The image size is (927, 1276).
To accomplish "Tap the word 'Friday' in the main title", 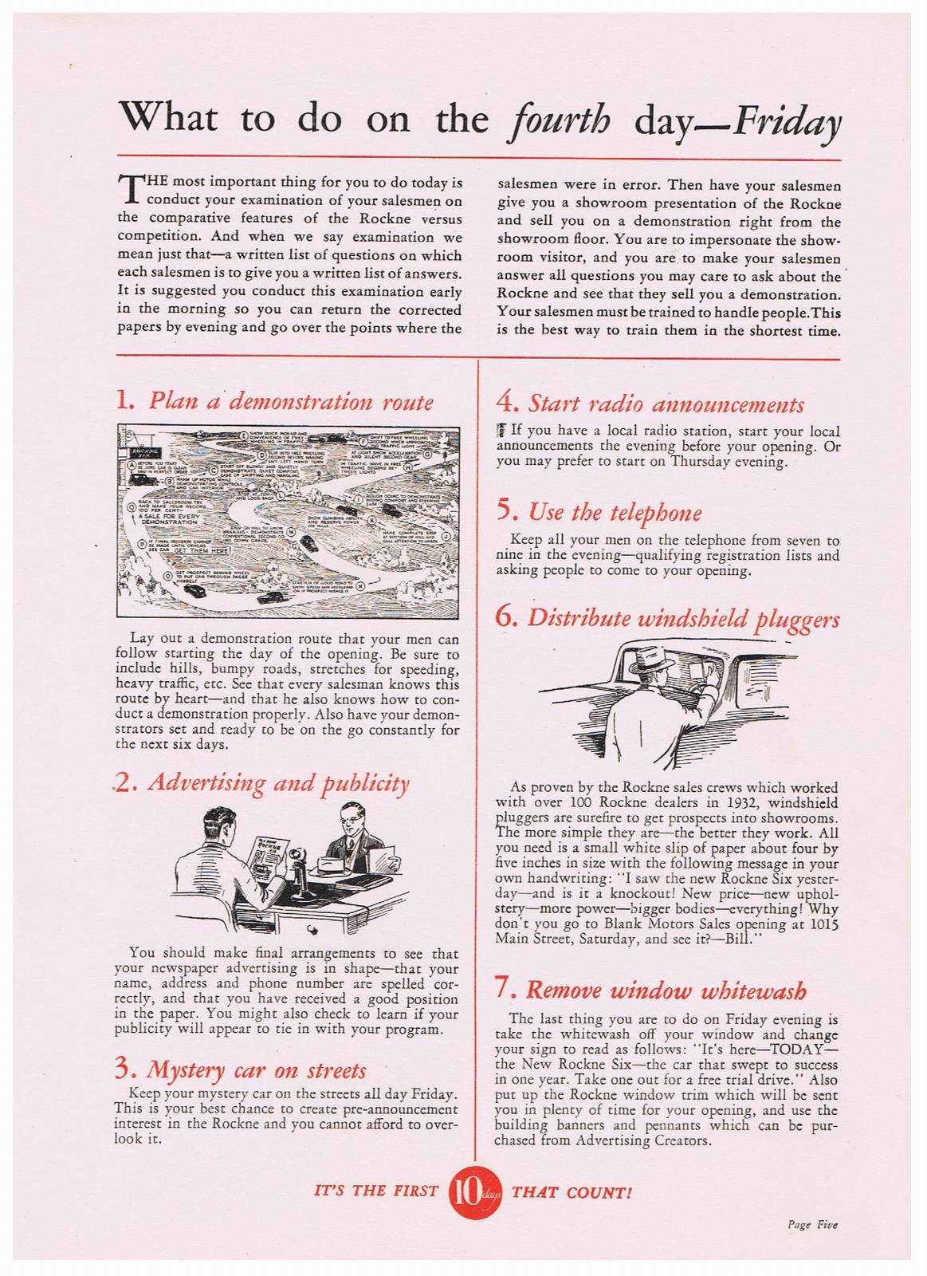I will [x=788, y=121].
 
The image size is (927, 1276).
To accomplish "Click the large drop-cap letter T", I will [x=129, y=188].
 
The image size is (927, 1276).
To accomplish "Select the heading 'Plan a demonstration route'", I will [x=290, y=400].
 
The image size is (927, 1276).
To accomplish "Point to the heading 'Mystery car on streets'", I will [x=256, y=1070].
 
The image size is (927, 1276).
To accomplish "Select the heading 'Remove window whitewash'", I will [x=666, y=990].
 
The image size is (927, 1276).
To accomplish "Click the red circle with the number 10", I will [x=474, y=1192].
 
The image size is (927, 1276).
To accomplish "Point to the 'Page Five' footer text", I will [x=811, y=1225].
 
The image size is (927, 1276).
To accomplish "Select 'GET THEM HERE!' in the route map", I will [x=202, y=550].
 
